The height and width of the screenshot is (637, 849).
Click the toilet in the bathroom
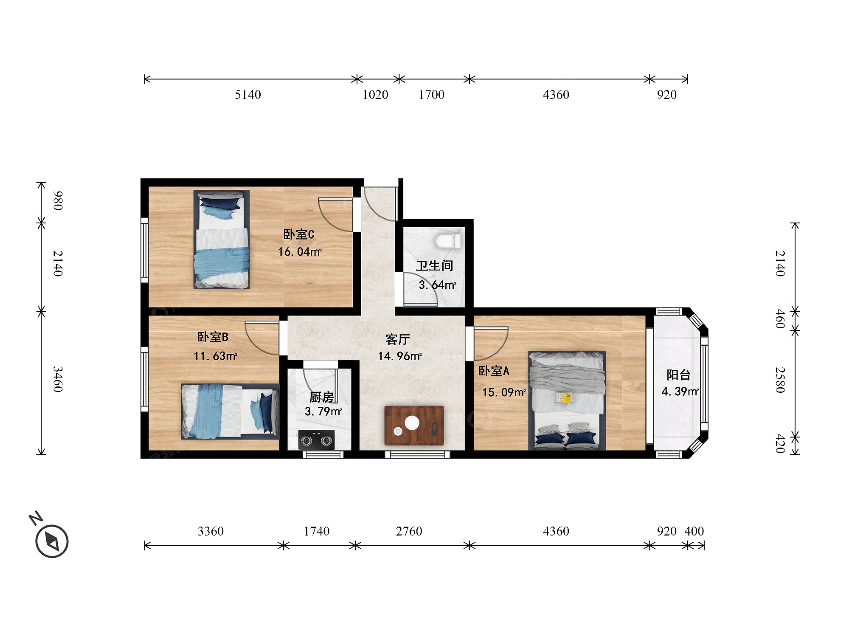pos(448,241)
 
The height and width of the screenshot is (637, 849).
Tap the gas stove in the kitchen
pos(316,440)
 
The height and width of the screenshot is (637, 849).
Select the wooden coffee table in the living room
pos(414,426)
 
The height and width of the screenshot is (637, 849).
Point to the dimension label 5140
pos(248,95)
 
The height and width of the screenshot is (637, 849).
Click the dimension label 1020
pos(375,95)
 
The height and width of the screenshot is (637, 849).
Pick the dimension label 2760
pos(409,531)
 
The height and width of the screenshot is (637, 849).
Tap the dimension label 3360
pos(211,531)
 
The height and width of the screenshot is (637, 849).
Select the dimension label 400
pos(694,531)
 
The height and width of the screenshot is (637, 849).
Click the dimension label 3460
pos(58,379)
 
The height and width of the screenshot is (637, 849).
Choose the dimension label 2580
pos(780,380)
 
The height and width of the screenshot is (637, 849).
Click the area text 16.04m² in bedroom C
pos(300,252)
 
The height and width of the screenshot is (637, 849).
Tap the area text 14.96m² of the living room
pos(400,356)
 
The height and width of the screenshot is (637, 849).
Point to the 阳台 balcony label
pos(678,375)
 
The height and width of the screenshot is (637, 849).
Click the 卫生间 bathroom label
pos(435,266)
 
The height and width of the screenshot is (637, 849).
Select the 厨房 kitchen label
pos(321,397)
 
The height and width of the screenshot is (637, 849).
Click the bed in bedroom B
pos(231,411)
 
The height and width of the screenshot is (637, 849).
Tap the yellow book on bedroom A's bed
pos(565,398)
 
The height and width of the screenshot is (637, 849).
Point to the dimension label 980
pos(58,201)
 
